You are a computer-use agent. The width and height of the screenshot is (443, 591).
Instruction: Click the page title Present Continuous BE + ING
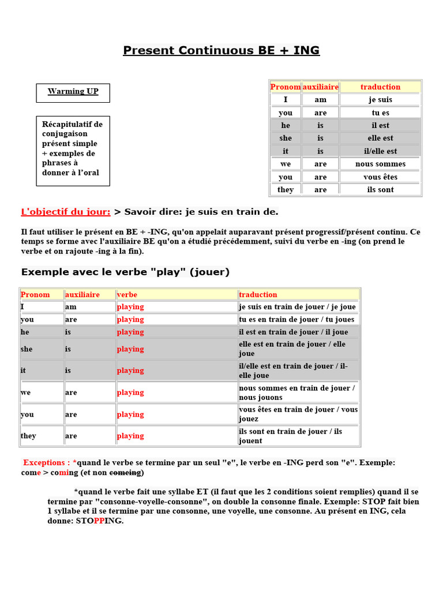pos(221,50)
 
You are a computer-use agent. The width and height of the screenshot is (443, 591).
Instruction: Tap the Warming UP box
pos(73,92)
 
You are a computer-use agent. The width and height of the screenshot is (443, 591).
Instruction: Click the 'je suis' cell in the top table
pos(380,100)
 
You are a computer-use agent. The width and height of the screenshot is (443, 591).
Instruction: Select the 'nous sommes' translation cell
pos(380,164)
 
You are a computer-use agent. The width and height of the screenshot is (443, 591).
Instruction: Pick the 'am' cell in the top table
pos(320,100)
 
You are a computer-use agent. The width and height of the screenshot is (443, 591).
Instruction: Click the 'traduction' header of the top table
pos(380,87)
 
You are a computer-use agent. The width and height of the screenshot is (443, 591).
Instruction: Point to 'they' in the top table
pos(286,189)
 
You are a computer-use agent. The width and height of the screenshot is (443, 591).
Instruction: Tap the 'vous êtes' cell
pos(380,177)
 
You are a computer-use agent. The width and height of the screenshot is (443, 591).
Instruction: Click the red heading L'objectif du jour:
pos(66,212)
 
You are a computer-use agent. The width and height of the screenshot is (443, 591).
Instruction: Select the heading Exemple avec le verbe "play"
pos(125,272)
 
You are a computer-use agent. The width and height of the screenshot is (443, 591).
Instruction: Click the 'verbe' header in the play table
pos(127,294)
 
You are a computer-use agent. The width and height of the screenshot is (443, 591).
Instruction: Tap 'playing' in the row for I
pos(130,307)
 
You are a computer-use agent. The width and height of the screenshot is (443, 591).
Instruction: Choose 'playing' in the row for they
pos(130,436)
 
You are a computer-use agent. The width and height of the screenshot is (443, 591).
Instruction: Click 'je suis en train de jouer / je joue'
pos(297,307)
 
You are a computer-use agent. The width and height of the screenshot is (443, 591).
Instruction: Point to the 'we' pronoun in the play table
pos(26,392)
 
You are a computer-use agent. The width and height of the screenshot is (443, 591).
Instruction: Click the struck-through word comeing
pos(125,473)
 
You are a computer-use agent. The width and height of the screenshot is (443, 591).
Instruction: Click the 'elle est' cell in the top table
pos(380,138)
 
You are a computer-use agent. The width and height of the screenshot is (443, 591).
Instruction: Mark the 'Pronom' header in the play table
pos(35,294)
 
